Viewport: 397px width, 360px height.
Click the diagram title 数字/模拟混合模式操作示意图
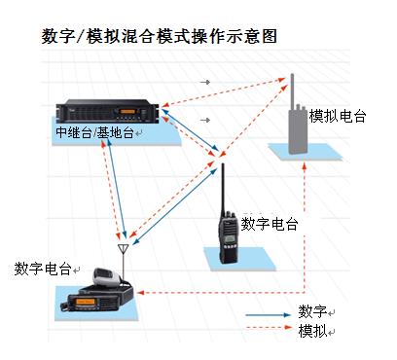coord(159,36)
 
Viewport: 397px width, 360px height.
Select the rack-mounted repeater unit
coord(108,111)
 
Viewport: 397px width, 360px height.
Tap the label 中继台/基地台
coord(94,132)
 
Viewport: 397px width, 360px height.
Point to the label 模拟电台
coord(338,116)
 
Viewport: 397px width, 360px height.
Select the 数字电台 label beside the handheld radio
coord(270,224)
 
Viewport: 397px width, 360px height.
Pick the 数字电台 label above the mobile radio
coord(43,269)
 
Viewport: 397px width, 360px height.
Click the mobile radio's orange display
coord(86,302)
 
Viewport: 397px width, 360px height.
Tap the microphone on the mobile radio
coord(104,276)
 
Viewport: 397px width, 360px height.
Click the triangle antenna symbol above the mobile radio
coord(124,249)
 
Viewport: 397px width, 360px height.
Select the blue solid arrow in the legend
coord(269,315)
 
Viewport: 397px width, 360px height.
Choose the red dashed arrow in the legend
coord(270,328)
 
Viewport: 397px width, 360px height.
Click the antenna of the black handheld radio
coord(223,188)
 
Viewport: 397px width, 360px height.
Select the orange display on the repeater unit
coord(127,112)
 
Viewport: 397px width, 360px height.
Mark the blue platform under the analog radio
coord(305,152)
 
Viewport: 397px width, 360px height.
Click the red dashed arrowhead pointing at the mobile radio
coord(140,293)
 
